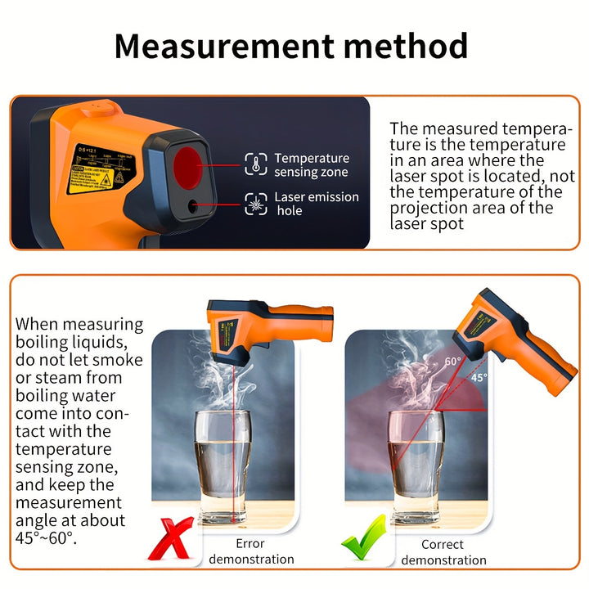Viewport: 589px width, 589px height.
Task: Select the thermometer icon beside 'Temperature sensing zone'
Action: [x=256, y=164]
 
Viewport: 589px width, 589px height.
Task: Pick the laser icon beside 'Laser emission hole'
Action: [x=256, y=203]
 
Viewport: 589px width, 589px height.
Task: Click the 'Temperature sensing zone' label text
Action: [x=311, y=164]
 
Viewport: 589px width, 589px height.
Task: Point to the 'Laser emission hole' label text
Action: [x=316, y=204]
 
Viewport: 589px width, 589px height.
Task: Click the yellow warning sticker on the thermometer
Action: [x=100, y=169]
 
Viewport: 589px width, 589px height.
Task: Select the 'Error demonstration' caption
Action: [x=252, y=551]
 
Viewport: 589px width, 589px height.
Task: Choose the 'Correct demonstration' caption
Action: [x=443, y=552]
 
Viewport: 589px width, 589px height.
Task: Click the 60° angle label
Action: [x=452, y=361]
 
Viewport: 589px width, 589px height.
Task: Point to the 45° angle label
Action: [x=479, y=378]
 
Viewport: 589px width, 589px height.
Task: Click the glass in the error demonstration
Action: [x=223, y=465]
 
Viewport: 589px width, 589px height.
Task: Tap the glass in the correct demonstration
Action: [x=415, y=465]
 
